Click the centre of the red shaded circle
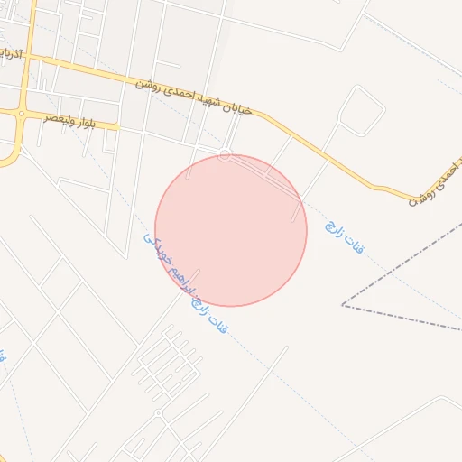coord(231,230)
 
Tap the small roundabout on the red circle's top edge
coord(225,155)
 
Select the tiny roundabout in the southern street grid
coord(158,413)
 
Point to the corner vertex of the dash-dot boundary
coord(342,305)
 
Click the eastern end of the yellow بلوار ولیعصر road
coord(117,126)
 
